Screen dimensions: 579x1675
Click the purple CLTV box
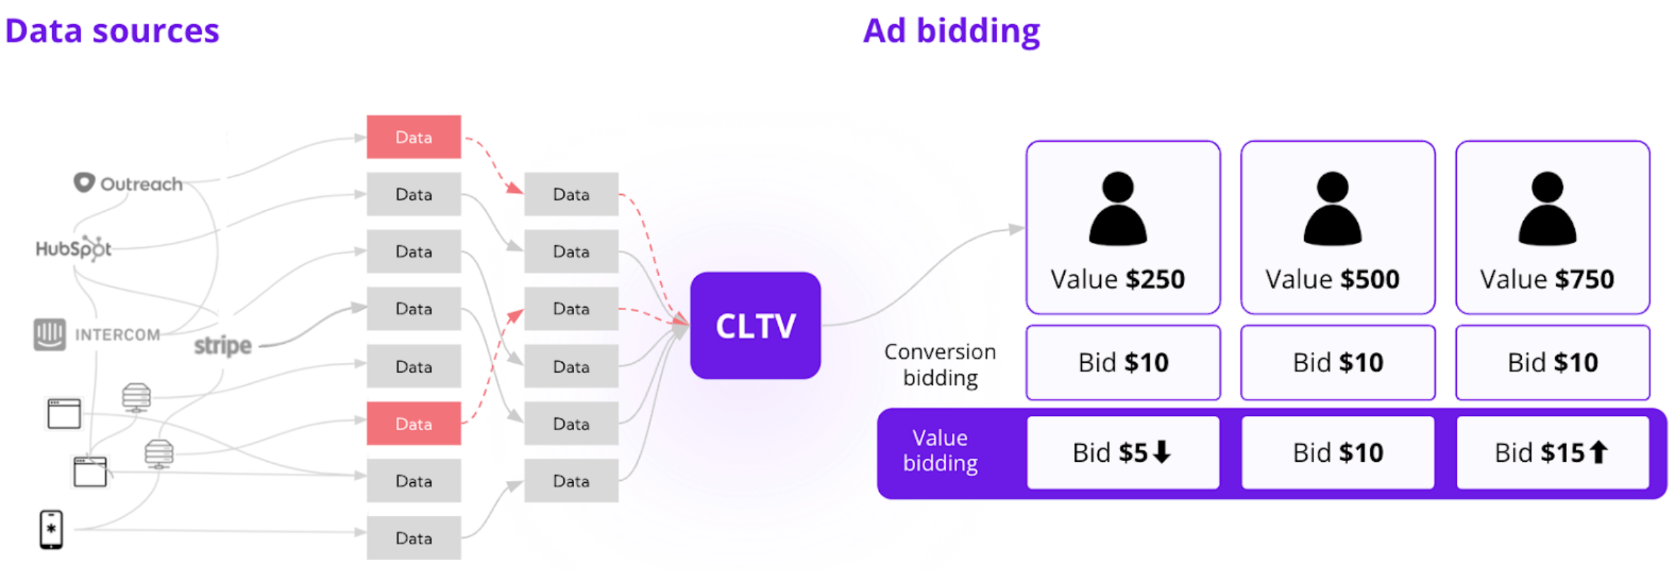point(755,326)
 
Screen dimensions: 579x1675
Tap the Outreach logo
point(128,184)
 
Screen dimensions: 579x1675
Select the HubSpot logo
point(73,249)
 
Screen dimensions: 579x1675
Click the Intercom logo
point(97,334)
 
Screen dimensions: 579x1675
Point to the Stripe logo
point(222,345)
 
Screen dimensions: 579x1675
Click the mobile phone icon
point(51,529)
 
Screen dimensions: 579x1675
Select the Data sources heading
point(112,31)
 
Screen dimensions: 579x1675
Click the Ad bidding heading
point(951,31)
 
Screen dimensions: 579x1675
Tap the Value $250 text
point(1117,279)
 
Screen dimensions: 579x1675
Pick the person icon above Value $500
point(1333,209)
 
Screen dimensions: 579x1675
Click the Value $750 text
point(1546,279)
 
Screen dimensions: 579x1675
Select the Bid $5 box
point(1123,453)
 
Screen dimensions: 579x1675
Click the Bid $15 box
point(1552,453)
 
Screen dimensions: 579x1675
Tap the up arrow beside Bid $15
point(1598,452)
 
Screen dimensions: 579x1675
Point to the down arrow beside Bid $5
point(1162,452)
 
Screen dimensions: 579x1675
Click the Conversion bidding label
point(940,364)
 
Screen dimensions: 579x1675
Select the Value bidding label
point(940,450)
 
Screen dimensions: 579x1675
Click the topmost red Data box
point(414,137)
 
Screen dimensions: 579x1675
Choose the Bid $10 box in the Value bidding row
point(1337,453)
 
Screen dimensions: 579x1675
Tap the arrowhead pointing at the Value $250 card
point(1016,229)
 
